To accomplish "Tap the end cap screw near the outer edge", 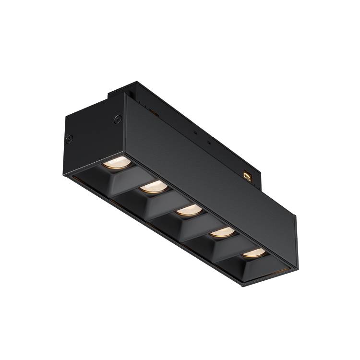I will pyautogui.click(x=70, y=139).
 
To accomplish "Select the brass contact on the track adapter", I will pyautogui.click(x=248, y=176).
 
